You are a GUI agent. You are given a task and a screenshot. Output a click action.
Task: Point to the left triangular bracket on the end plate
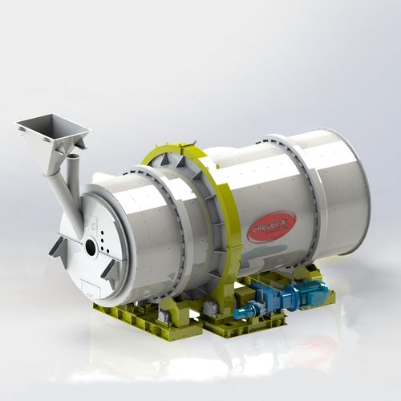pyautogui.click(x=59, y=247)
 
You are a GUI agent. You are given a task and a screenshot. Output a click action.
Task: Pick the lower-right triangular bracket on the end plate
pyautogui.click(x=111, y=273)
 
